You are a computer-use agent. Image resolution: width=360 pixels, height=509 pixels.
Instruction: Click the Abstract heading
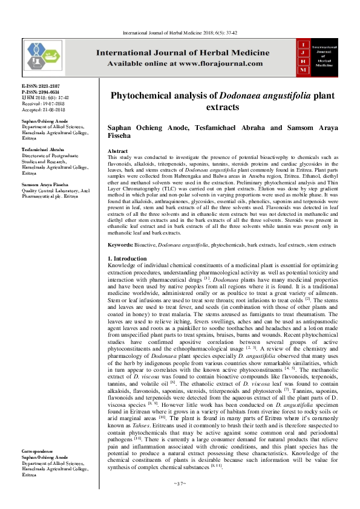pyautogui.click(x=117, y=150)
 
